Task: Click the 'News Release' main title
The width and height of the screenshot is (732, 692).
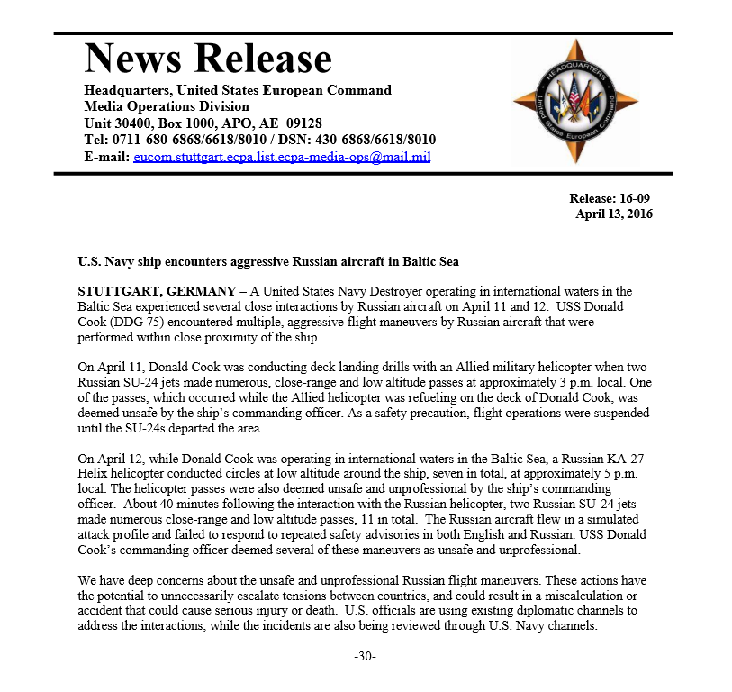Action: click(x=208, y=59)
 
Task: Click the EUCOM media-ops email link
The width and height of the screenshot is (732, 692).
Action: click(x=281, y=156)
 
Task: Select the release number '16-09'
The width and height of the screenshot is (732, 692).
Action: click(x=636, y=198)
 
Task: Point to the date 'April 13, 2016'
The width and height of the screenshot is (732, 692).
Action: click(x=614, y=214)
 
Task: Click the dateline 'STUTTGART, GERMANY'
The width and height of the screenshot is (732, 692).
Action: click(x=150, y=291)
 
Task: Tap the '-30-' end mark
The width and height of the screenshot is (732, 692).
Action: click(x=365, y=656)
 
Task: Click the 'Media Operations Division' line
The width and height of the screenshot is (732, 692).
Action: click(x=167, y=106)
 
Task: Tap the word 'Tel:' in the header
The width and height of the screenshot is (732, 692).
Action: click(x=97, y=140)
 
